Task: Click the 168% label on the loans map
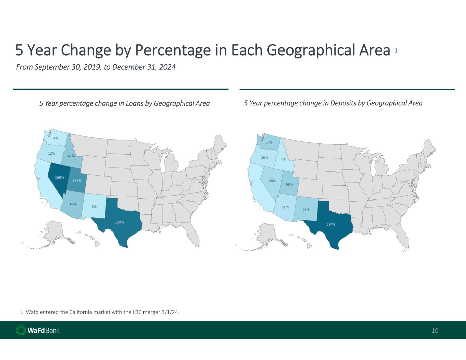[x=59, y=177]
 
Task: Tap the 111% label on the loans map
[x=77, y=181]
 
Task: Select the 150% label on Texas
[x=119, y=222]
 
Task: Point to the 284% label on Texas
[x=331, y=224]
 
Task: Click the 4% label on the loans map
[x=56, y=138]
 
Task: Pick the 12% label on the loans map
[x=52, y=153]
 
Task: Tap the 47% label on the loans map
[x=71, y=156]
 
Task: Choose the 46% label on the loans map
[x=73, y=204]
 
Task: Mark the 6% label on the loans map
[x=94, y=206]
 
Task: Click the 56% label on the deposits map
[x=269, y=142]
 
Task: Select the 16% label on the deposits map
[x=265, y=157]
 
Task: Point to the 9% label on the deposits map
[x=284, y=160]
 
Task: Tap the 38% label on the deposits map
[x=272, y=181]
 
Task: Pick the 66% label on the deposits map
[x=289, y=184]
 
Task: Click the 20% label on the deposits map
[x=286, y=207]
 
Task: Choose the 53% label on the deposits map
[x=306, y=209]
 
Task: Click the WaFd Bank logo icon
[x=21, y=330]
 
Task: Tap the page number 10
[x=435, y=330]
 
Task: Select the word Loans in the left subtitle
[x=135, y=103]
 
